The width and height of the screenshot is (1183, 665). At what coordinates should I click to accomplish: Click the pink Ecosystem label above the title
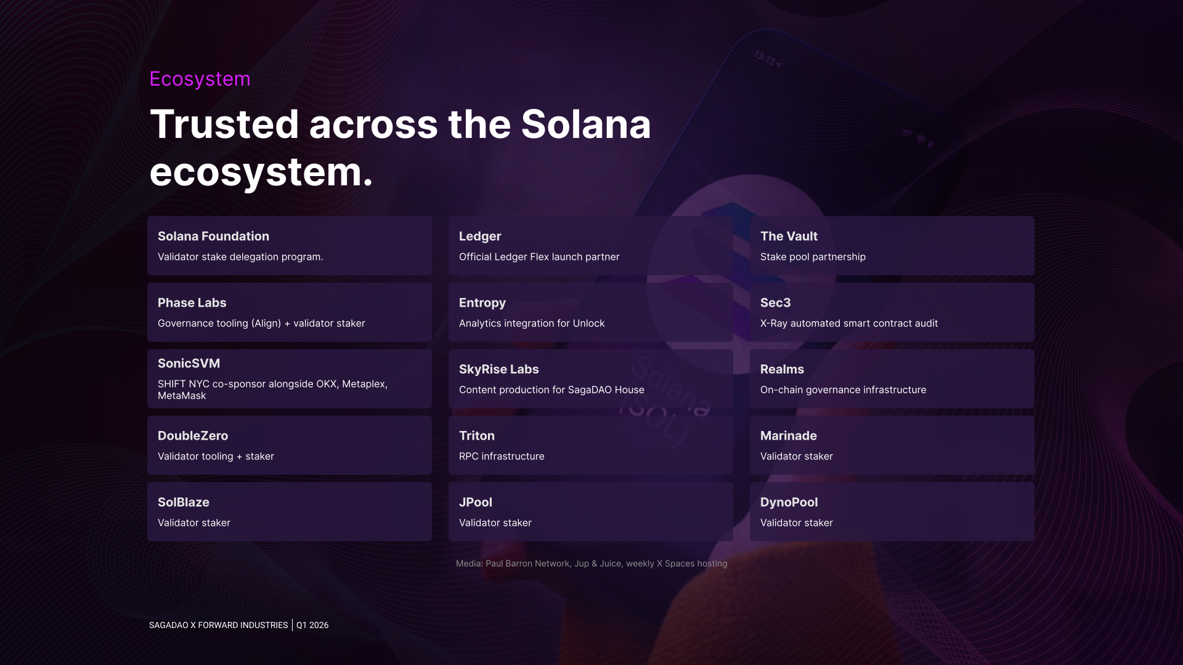[x=200, y=79]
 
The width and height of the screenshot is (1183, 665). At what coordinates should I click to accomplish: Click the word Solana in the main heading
[x=586, y=124]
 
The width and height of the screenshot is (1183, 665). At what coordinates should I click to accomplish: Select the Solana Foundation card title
[x=213, y=236]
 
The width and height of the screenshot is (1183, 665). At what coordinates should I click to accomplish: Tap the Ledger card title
[x=480, y=236]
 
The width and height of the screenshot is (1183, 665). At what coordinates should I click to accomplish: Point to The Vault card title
[x=789, y=236]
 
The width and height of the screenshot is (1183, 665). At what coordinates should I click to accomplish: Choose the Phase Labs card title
[x=192, y=303]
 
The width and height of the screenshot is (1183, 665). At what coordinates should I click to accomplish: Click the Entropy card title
[x=482, y=303]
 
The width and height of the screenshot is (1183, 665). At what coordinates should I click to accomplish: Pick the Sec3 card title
[x=775, y=303]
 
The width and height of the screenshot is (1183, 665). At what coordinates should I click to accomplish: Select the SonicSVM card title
[x=189, y=363]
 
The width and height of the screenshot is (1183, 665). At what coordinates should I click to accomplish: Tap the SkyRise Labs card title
[x=499, y=369]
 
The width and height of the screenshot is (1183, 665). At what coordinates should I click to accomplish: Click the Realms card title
[x=782, y=369]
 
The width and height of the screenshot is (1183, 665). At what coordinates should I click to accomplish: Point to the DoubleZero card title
[x=193, y=436]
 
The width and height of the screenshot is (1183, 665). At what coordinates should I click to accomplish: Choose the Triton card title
[x=477, y=436]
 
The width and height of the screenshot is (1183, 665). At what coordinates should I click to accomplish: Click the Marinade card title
[x=789, y=436]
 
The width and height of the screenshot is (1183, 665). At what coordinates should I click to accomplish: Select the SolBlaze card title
[x=184, y=502]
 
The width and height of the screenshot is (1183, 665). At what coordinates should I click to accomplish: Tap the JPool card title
[x=476, y=502]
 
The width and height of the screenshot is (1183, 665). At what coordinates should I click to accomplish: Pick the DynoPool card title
[x=789, y=502]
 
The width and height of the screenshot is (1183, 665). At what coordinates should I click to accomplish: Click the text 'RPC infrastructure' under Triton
[x=502, y=456]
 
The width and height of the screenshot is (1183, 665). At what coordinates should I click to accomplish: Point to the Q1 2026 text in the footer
[x=312, y=625]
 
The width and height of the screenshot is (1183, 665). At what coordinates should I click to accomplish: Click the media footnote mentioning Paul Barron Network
[x=591, y=563]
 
